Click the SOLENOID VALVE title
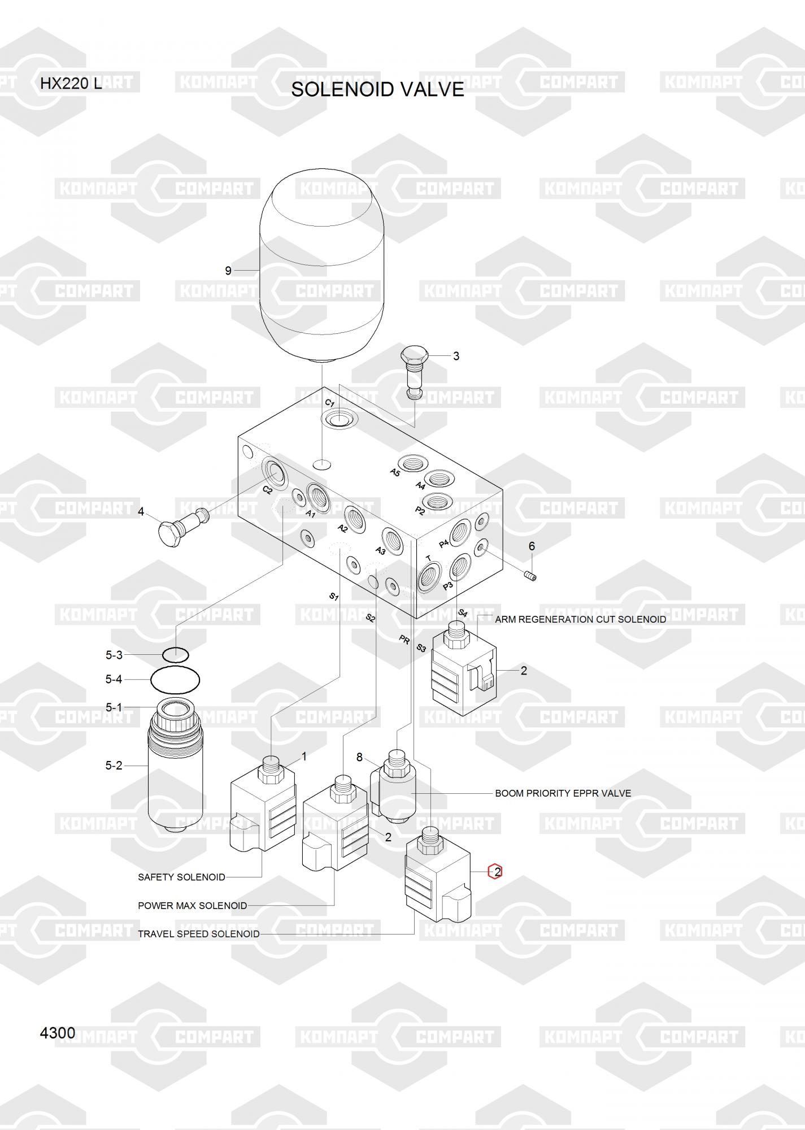tap(377, 89)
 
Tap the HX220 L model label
tap(71, 84)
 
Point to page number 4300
tap(58, 1033)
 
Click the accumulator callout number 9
tap(228, 271)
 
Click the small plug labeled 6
tap(530, 576)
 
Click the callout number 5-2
tap(114, 766)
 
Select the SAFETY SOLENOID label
tap(181, 877)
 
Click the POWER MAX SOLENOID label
tap(193, 905)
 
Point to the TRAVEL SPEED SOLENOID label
tap(199, 933)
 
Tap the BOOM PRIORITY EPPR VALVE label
tap(563, 793)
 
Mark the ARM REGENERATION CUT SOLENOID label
tap(580, 619)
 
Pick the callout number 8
tap(359, 757)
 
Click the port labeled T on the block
tap(432, 578)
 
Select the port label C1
tap(330, 403)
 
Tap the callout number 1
tap(304, 756)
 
